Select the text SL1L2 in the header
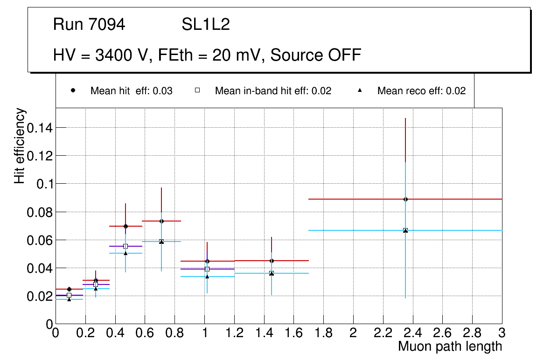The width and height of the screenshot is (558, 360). tap(206, 25)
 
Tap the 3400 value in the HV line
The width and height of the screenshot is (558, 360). tap(112, 55)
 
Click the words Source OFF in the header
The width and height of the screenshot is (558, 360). tap(316, 55)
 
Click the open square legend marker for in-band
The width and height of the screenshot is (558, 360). tap(197, 91)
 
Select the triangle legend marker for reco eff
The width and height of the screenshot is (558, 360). tap(360, 91)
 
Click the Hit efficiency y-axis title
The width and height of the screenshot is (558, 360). tap(20, 145)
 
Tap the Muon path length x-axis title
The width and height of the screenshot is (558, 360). tap(450, 346)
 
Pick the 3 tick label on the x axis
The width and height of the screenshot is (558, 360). tap(502, 332)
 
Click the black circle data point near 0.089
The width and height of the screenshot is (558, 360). tap(405, 199)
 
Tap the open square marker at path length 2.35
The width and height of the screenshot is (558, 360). tap(405, 230)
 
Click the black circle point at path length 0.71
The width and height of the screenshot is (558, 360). tap(161, 221)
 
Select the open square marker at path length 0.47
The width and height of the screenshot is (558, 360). tap(126, 246)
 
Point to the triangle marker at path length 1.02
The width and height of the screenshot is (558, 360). tap(207, 277)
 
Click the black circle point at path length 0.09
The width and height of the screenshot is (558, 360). tap(69, 289)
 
